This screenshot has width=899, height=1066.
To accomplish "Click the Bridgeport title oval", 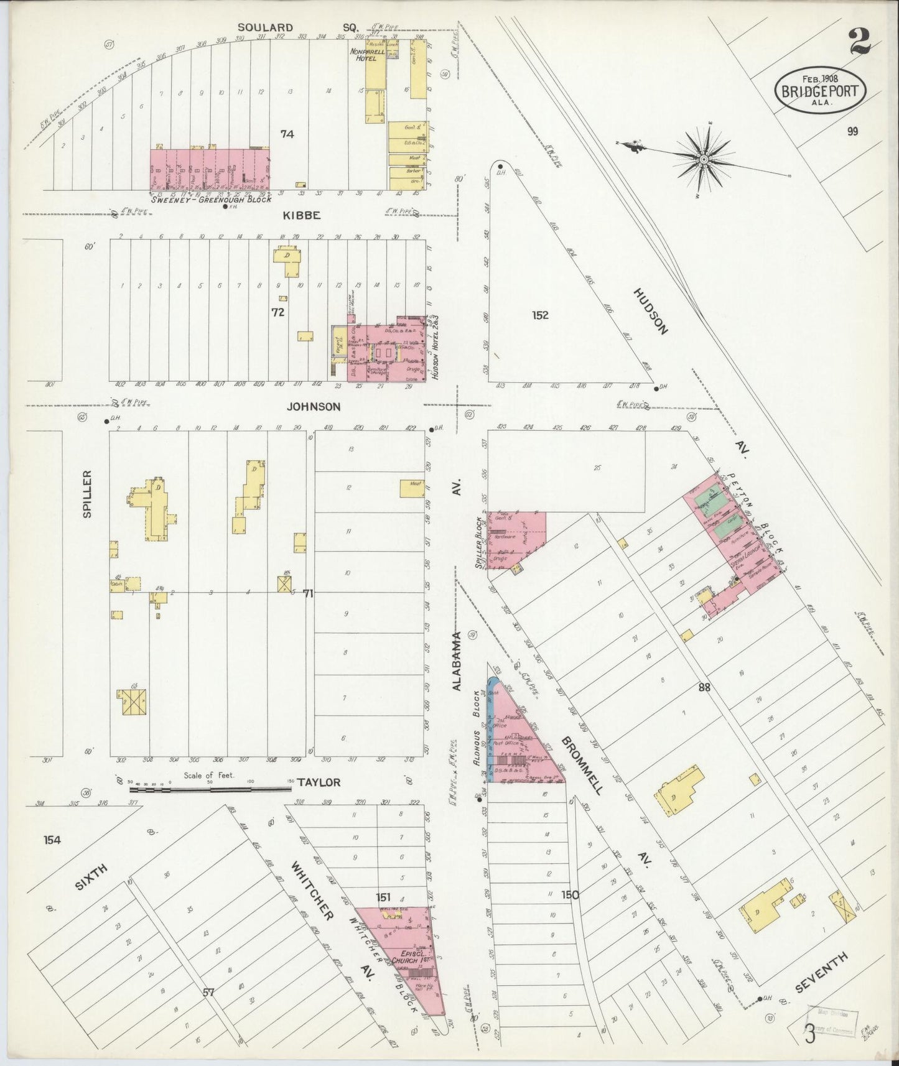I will (819, 91).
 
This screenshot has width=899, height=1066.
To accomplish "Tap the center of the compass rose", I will (703, 159).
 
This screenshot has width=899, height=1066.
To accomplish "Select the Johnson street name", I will (314, 407).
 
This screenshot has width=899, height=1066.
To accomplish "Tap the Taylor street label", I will (318, 782).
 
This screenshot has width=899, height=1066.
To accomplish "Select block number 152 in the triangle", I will (540, 315).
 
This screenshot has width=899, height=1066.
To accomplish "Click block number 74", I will (287, 134).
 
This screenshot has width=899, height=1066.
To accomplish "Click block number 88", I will (704, 687).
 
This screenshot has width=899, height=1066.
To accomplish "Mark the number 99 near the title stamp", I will (852, 131).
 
